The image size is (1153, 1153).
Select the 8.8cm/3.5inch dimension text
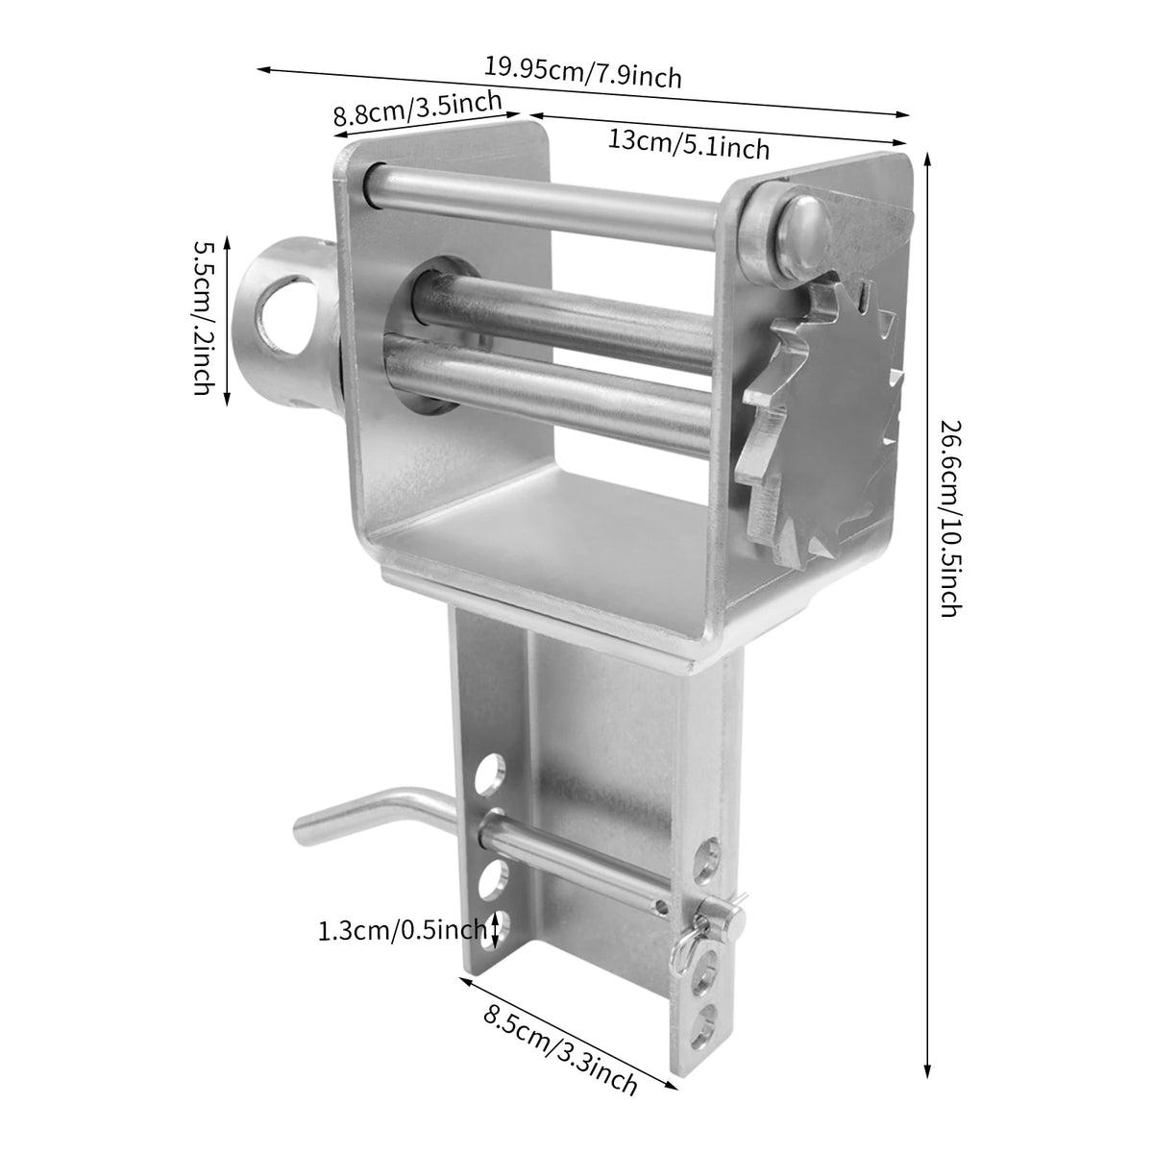[418, 108]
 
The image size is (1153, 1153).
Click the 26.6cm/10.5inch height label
[951, 518]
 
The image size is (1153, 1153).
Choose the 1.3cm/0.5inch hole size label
[402, 930]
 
